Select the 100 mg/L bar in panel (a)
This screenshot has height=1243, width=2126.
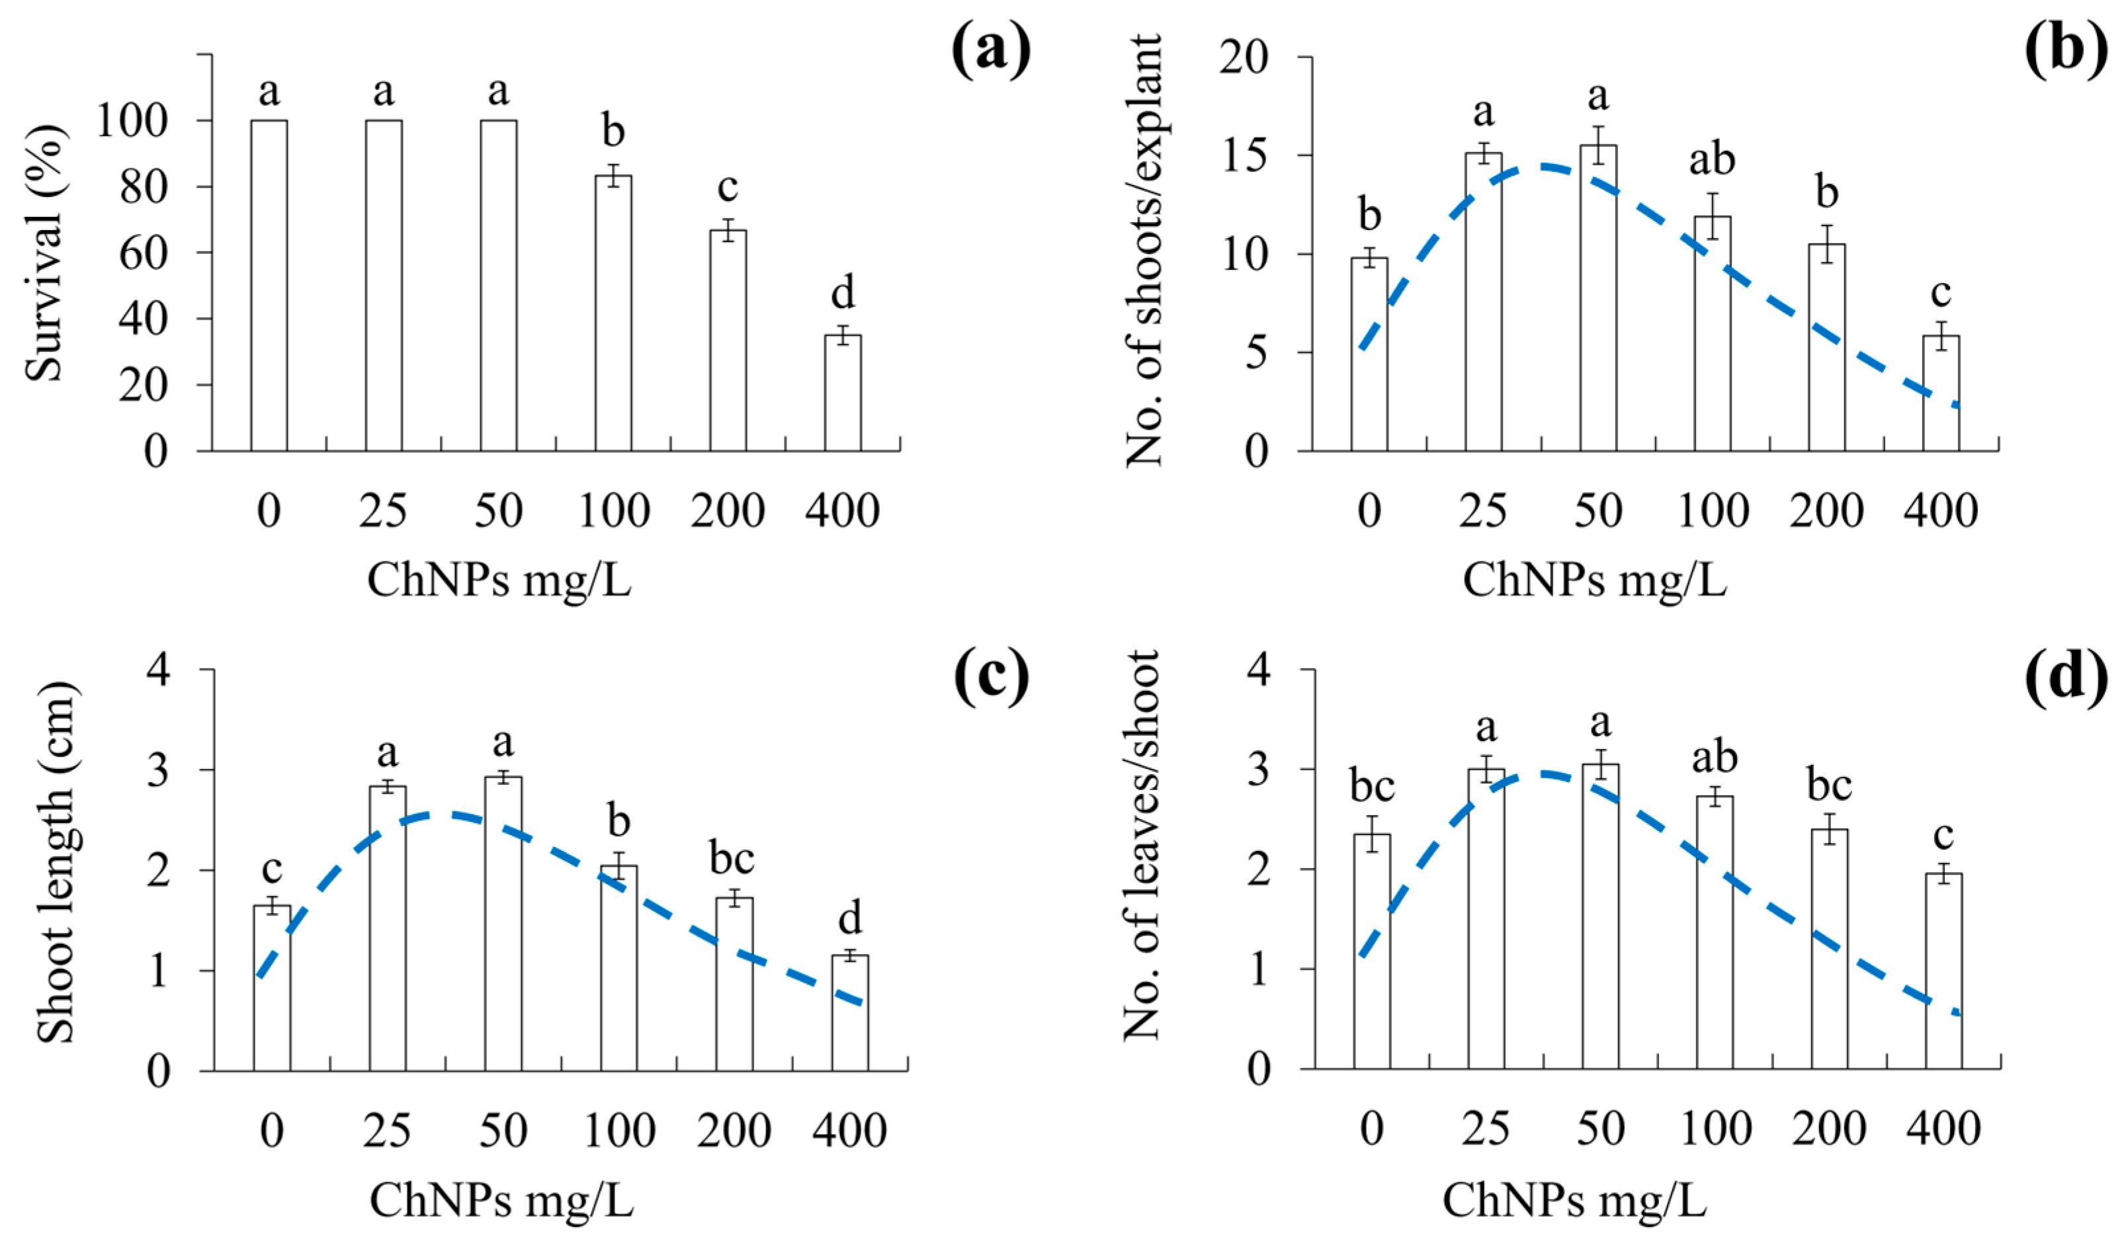[x=613, y=313]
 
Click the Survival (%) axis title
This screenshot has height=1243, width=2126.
[x=44, y=253]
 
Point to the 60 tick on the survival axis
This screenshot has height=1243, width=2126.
[x=144, y=253]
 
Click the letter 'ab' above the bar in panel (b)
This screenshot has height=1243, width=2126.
[x=1712, y=159]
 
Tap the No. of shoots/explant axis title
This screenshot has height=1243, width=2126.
[x=1144, y=251]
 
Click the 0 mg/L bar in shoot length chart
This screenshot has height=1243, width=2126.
[x=272, y=988]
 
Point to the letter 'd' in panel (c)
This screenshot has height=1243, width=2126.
[x=849, y=918]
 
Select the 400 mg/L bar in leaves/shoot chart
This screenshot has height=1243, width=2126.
[x=1944, y=971]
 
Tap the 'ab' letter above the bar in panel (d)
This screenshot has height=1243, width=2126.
[x=1715, y=757]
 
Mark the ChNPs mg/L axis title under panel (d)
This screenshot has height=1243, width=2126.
[x=1574, y=1200]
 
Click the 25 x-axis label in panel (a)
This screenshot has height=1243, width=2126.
[x=383, y=511]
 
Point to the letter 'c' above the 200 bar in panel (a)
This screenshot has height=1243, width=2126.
[x=727, y=187]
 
